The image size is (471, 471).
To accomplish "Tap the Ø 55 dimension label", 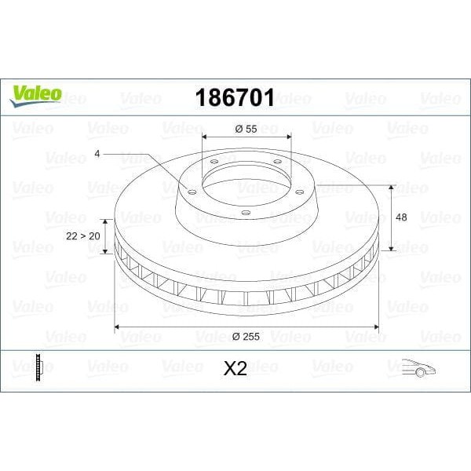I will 246,130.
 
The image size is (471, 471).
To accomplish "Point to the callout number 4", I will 97,154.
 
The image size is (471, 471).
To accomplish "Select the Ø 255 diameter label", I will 246,338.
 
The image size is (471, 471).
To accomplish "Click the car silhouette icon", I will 419,367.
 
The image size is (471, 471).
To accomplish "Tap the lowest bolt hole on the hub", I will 245,212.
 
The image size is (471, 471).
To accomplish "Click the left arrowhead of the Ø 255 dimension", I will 119,326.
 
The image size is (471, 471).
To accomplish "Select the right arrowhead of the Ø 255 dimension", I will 376,326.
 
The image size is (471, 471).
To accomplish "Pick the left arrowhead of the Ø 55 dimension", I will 206,141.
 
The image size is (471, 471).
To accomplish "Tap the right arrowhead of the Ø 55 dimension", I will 288,141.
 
